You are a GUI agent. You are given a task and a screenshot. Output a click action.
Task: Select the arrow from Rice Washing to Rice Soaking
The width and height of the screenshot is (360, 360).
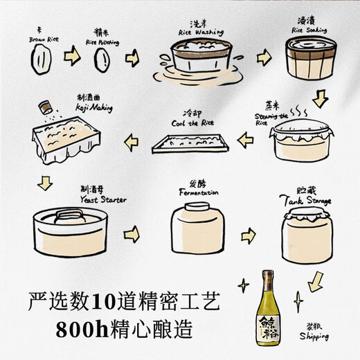click(x=264, y=58)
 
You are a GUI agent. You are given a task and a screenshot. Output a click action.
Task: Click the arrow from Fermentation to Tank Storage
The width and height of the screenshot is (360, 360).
click(x=248, y=235)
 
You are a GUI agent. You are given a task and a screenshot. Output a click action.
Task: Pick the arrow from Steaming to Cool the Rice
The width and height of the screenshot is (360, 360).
click(x=246, y=141)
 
